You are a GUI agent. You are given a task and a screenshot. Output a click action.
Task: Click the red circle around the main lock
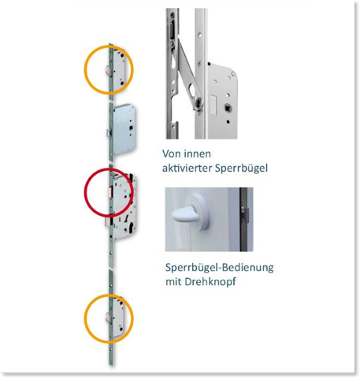click(84, 193)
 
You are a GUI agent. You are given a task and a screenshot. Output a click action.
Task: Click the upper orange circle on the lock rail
click(84, 69)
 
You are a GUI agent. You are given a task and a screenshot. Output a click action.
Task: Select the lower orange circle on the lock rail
click(84, 318)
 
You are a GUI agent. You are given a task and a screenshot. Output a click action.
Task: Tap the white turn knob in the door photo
click(183, 214)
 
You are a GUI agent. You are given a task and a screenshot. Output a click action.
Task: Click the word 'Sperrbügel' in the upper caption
click(241, 169)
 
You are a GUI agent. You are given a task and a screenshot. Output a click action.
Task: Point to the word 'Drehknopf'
click(210, 282)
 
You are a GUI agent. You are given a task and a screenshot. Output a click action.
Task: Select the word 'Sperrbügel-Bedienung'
click(220, 268)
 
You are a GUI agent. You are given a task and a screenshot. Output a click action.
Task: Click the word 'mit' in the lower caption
click(173, 282)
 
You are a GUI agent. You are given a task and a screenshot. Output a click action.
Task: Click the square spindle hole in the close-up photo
click(227, 108)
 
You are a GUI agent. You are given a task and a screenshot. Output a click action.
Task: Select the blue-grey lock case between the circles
click(123, 129)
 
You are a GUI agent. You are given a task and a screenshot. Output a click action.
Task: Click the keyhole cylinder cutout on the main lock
click(131, 229)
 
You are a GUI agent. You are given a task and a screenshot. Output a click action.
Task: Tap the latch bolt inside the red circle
click(110, 191)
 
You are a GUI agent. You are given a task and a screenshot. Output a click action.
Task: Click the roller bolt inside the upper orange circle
click(107, 71)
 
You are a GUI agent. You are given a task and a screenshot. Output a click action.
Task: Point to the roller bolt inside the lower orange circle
click(107, 317)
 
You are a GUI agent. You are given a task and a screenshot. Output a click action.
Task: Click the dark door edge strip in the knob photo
click(244, 220)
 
